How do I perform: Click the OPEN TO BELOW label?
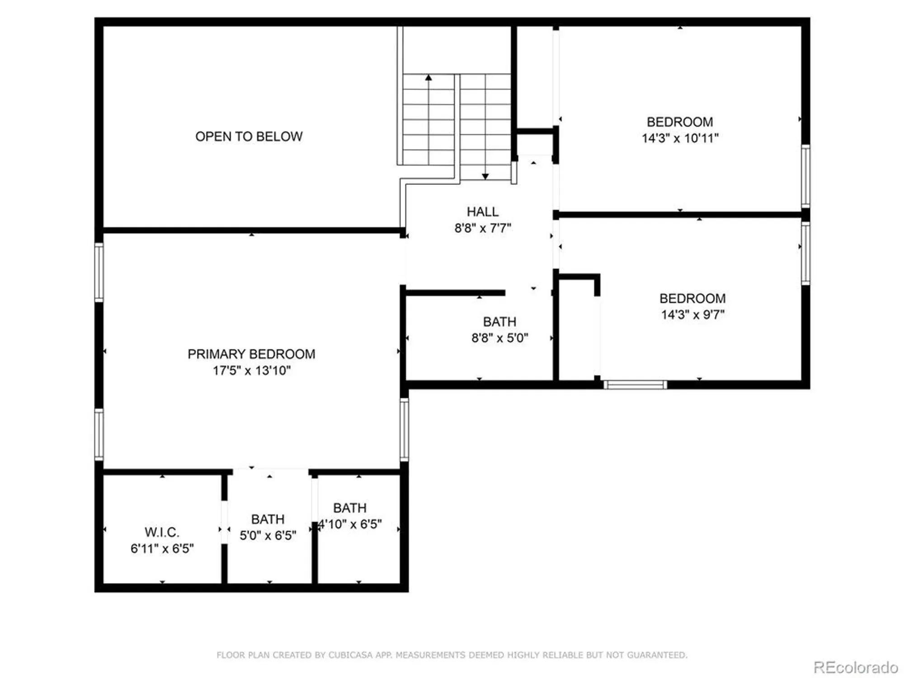pos(249,137)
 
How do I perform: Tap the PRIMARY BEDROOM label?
pos(251,354)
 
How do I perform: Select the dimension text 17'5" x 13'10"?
pos(251,371)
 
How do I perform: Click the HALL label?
pos(483,212)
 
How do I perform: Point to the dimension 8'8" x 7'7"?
pos(483,228)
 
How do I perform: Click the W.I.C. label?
pos(162,532)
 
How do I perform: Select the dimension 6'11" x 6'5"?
pos(162,549)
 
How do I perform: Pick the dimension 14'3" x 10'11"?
pos(680,138)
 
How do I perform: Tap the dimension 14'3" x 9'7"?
pos(692,315)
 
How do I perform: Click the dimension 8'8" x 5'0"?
pos(499,338)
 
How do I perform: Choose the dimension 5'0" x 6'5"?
pos(268,536)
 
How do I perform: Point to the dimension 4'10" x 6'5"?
pos(350,524)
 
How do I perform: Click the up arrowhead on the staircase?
pos(428,78)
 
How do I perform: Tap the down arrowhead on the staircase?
pos(485,176)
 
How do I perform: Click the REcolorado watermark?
pos(855,668)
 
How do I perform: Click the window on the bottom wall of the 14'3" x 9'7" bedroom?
pos(635,385)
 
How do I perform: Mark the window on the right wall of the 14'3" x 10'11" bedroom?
pos(805,176)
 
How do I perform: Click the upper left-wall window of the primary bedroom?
pos(99,272)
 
